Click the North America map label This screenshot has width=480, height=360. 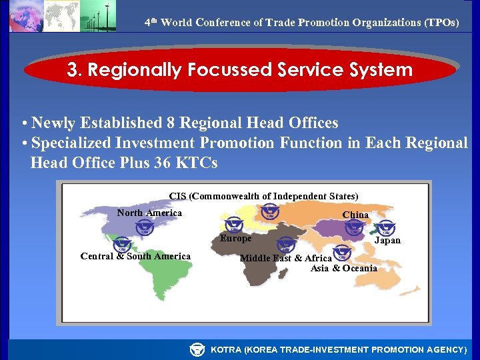(149, 213)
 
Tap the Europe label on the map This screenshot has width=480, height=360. (236, 239)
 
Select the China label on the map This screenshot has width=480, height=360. (355, 215)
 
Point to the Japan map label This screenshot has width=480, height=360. (387, 241)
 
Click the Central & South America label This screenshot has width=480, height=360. (135, 257)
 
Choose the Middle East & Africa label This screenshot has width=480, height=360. (285, 259)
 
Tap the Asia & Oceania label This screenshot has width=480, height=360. (343, 269)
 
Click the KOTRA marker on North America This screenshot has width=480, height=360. (144, 228)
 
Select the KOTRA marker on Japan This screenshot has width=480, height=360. (386, 227)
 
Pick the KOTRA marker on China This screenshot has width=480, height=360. (354, 227)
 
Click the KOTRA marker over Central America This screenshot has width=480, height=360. (122, 245)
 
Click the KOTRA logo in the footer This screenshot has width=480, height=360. (197, 349)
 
